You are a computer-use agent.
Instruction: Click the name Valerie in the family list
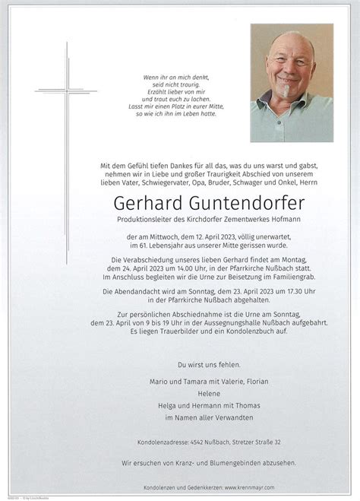[217, 381]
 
